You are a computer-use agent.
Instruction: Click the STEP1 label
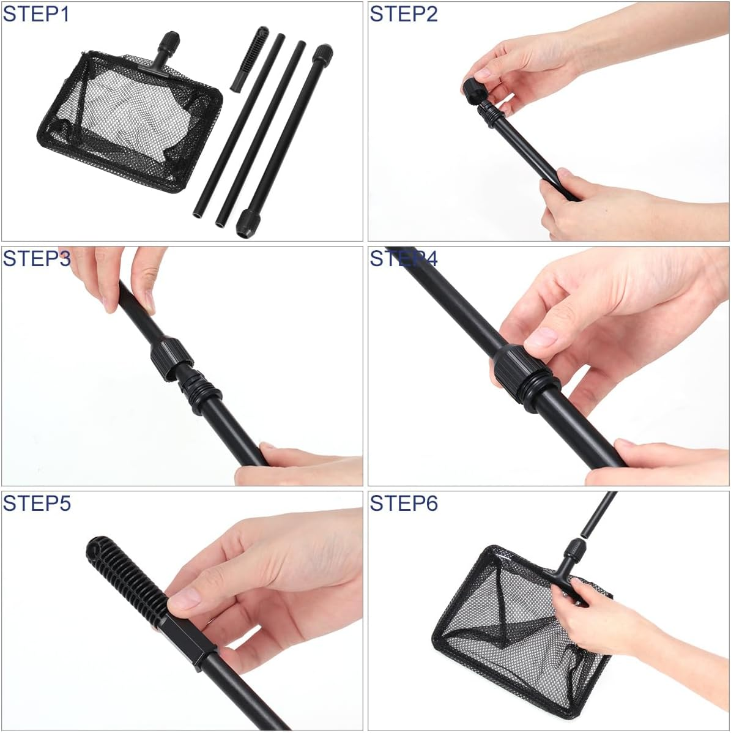click(x=37, y=13)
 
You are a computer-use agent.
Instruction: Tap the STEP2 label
click(x=404, y=13)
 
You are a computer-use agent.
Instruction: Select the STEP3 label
click(x=37, y=258)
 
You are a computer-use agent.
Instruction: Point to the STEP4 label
click(x=404, y=258)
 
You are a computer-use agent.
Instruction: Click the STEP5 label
click(x=37, y=503)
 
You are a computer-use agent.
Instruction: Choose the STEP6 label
click(x=404, y=503)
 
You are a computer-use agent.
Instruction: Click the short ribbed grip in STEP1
click(x=249, y=59)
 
